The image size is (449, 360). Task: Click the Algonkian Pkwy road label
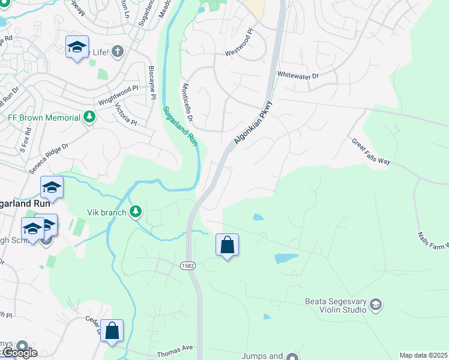[250, 124]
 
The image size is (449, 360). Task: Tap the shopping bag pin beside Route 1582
[227, 245]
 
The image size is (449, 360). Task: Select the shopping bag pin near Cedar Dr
[112, 331]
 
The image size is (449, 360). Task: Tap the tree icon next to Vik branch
[136, 211]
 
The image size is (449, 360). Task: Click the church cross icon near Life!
[117, 52]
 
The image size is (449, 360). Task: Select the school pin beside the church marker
[77, 47]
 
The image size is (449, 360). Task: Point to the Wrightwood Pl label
[118, 95]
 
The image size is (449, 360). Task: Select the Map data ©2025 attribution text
[423, 355]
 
